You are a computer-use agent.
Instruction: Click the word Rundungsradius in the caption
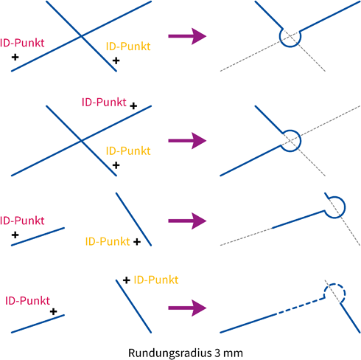(169, 353)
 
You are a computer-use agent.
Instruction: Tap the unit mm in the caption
(233, 353)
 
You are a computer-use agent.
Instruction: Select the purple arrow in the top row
(187, 36)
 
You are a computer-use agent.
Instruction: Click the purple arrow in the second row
(187, 141)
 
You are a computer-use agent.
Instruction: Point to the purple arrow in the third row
(187, 221)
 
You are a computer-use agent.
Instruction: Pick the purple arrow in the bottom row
(187, 308)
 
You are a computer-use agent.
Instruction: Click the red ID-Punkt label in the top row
(22, 43)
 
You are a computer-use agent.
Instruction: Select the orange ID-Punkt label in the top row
(128, 46)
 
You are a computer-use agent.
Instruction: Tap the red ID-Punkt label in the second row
(104, 103)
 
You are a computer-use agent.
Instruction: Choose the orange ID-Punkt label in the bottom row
(156, 280)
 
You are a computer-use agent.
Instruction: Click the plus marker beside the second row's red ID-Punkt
(133, 106)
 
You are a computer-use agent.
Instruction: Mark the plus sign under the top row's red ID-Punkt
(15, 58)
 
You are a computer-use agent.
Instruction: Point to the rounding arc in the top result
(290, 46)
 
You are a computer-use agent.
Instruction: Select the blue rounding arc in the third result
(345, 207)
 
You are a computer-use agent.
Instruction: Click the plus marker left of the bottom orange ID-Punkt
(127, 280)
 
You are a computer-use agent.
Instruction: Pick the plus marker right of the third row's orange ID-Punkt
(137, 242)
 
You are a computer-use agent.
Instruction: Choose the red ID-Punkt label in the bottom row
(27, 301)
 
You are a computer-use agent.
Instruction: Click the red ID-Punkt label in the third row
(22, 221)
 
